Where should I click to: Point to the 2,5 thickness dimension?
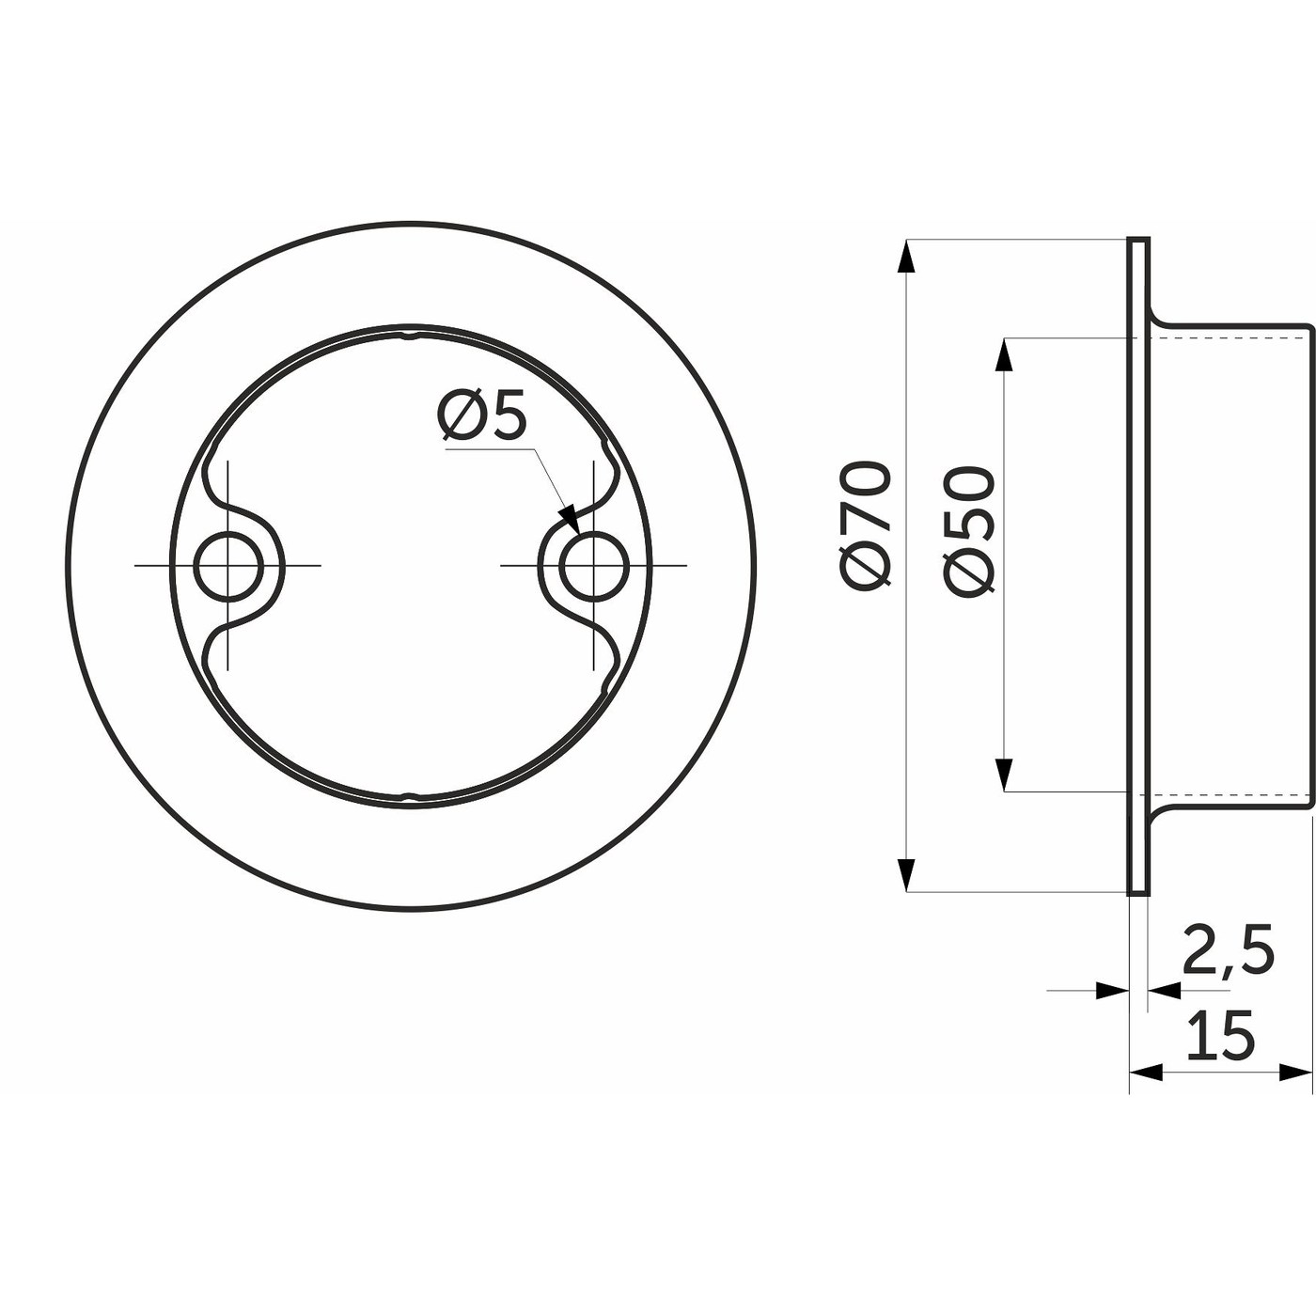[x=1228, y=952]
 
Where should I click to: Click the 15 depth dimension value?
[x=1219, y=1035]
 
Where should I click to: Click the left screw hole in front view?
[x=227, y=566]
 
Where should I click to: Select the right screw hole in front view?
[x=593, y=566]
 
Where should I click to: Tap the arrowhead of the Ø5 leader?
[x=568, y=518]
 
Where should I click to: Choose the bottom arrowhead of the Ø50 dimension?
[x=1005, y=775]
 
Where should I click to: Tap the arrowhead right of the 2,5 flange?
[x=1164, y=989]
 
